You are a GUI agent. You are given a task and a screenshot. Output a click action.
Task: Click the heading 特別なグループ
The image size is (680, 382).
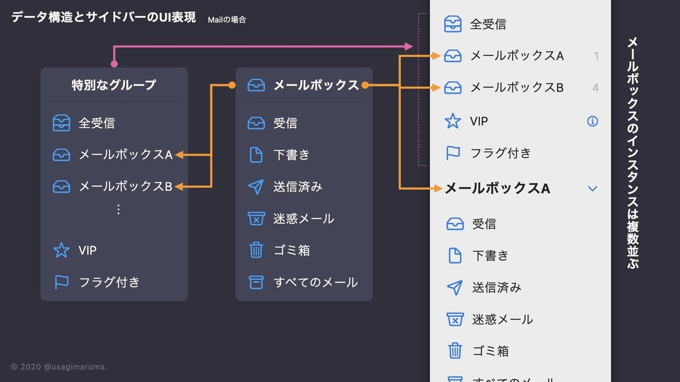pyautogui.click(x=114, y=85)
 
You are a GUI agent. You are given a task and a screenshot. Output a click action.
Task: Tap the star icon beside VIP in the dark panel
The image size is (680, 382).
pyautogui.click(x=61, y=250)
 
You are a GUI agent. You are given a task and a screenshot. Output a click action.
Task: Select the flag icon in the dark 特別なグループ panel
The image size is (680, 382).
pyautogui.click(x=61, y=282)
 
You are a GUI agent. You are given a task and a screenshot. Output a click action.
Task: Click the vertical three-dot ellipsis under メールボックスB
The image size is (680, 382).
pyautogui.click(x=118, y=209)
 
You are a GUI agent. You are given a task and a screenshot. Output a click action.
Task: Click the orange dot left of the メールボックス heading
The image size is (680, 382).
pyautogui.click(x=231, y=85)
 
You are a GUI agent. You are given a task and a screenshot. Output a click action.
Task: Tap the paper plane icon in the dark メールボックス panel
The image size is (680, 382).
pyautogui.click(x=256, y=187)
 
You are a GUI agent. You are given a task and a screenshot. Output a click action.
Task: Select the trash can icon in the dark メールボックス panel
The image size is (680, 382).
pyautogui.click(x=256, y=250)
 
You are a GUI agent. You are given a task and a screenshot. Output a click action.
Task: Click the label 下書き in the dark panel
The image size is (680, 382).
pyautogui.click(x=291, y=155)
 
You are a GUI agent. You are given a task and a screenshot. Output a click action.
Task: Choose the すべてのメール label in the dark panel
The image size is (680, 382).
pyautogui.click(x=316, y=282)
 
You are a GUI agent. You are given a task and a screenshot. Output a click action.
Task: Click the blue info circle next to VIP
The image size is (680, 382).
pyautogui.click(x=593, y=121)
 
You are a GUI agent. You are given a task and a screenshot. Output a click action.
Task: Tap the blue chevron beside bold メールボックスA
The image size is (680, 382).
pyautogui.click(x=593, y=188)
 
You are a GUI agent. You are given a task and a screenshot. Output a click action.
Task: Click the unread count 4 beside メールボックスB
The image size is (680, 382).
pyautogui.click(x=595, y=88)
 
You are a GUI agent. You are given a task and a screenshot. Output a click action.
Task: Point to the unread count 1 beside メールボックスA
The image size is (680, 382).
pyautogui.click(x=596, y=56)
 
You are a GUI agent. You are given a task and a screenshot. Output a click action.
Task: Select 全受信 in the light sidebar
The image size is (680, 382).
pyautogui.click(x=488, y=24)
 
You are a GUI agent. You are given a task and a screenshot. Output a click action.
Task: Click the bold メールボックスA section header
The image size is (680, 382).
pyautogui.click(x=498, y=188)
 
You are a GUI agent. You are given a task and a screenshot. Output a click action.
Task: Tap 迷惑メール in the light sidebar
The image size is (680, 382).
pyautogui.click(x=503, y=319)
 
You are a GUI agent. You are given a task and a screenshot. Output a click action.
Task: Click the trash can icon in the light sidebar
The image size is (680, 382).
pyautogui.click(x=454, y=351)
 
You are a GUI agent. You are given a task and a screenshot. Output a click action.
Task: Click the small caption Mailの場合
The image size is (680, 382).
pyautogui.click(x=227, y=20)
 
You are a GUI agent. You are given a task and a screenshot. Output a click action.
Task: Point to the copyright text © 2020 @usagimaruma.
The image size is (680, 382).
pyautogui.click(x=59, y=367)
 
